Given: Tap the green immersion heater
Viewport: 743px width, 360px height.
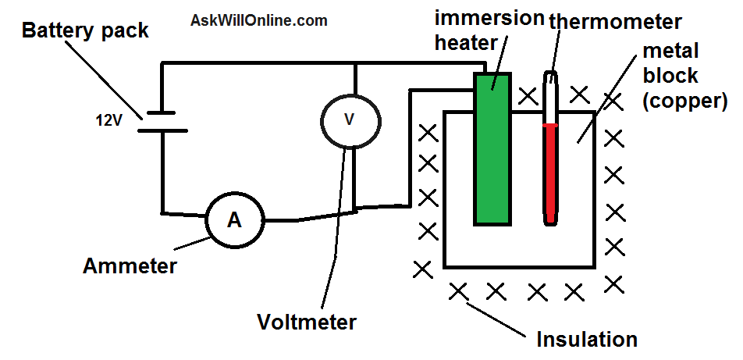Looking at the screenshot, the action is pyautogui.click(x=492, y=148).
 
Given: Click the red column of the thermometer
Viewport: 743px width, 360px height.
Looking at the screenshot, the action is pyautogui.click(x=550, y=173).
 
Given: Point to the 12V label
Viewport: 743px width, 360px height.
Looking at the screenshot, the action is pyautogui.click(x=108, y=121).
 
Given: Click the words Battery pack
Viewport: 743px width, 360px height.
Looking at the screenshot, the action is pyautogui.click(x=85, y=30).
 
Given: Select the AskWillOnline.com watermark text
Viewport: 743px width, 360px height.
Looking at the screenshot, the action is pyautogui.click(x=259, y=20).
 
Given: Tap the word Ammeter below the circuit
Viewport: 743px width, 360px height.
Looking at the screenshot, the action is pyautogui.click(x=130, y=266).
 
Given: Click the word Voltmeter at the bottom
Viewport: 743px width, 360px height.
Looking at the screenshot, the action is pyautogui.click(x=306, y=323).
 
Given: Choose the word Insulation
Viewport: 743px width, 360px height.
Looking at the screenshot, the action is pyautogui.click(x=587, y=340).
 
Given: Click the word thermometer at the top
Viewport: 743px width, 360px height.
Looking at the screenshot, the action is pyautogui.click(x=614, y=21).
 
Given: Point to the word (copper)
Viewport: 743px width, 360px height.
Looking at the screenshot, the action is pyautogui.click(x=684, y=102).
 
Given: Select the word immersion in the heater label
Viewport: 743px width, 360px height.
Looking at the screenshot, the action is pyautogui.click(x=489, y=19).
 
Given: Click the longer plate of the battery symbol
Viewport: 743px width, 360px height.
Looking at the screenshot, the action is pyautogui.click(x=162, y=130).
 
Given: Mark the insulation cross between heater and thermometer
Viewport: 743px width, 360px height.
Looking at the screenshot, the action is pyautogui.click(x=528, y=96).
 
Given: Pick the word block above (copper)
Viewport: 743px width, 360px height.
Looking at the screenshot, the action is pyautogui.click(x=670, y=75).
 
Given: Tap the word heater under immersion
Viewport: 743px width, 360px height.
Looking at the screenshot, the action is pyautogui.click(x=466, y=43).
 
